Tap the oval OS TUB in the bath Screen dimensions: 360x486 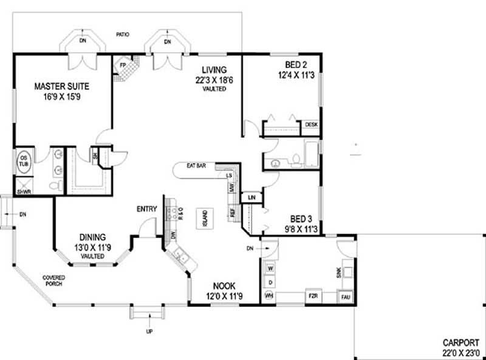tap(23, 160)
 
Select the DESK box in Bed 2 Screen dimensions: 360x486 tap(311, 124)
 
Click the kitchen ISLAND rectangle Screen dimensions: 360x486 tap(205, 218)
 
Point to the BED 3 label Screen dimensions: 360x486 tap(301, 219)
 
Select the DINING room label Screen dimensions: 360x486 tap(92, 237)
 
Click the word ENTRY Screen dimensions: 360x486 tap(147, 209)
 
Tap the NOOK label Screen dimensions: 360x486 tap(224, 285)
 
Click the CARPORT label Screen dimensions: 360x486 tap(461, 342)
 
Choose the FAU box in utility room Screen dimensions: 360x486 tap(346, 296)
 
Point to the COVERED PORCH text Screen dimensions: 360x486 tap(53, 281)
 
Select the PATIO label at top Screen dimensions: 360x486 tap(124, 35)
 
